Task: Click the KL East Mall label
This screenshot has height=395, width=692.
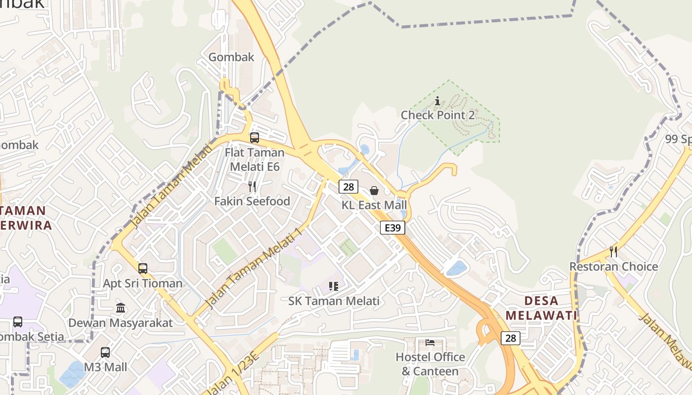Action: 374,205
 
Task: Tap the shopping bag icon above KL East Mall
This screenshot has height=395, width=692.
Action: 374,191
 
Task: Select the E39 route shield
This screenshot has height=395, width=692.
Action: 393,228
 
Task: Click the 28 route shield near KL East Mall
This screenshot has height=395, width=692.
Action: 348,187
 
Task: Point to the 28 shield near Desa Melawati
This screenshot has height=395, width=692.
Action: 511,338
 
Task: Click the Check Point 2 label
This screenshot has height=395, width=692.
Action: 437,115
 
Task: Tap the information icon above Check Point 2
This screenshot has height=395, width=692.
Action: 437,101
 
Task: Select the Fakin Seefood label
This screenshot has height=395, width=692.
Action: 252,201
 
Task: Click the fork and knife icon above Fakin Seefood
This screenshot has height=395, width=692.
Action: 252,187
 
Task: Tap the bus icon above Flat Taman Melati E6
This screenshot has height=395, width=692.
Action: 255,138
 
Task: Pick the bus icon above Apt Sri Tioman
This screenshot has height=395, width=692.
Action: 143,269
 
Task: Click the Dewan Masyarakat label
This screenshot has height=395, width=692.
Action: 121,323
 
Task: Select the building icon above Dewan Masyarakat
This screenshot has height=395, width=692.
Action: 121,308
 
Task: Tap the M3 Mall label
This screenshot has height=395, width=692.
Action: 105,367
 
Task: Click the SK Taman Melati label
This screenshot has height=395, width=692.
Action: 334,301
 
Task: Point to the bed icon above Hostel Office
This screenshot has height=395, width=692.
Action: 430,342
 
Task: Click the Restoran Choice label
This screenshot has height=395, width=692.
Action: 613,267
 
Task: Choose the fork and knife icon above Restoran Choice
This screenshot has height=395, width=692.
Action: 613,252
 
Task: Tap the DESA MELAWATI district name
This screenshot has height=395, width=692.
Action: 542,308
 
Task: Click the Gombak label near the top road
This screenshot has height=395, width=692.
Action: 231,57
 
